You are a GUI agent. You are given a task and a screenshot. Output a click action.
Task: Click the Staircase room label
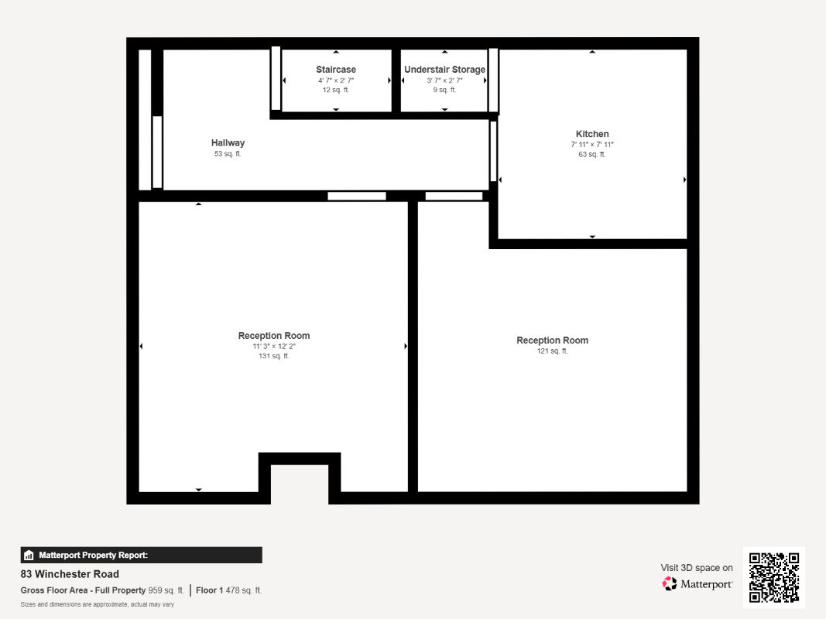(x=335, y=70)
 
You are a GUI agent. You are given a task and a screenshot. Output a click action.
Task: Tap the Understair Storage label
(x=444, y=70)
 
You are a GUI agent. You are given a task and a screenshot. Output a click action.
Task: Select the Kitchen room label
(x=592, y=134)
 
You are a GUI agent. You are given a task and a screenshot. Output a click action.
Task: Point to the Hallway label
(x=228, y=142)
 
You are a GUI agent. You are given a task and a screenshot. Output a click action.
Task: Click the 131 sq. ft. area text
(x=274, y=356)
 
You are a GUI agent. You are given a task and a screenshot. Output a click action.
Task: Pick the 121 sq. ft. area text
(x=552, y=351)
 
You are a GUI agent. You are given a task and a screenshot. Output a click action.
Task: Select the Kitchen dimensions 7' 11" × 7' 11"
(x=592, y=144)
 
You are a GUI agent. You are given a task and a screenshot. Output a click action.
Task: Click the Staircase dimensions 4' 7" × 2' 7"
(x=335, y=80)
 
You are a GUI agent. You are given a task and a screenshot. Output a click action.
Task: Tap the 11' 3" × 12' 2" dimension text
(x=274, y=347)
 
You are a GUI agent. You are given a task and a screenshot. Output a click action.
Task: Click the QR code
(x=774, y=577)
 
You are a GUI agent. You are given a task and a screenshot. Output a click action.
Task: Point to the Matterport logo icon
(x=670, y=583)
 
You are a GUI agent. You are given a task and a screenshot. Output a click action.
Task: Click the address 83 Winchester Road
(x=70, y=573)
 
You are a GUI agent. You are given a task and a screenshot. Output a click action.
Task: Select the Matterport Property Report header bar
(x=141, y=555)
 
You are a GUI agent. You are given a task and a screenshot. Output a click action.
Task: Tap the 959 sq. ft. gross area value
(x=166, y=590)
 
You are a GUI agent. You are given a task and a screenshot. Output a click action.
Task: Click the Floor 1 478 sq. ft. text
(x=228, y=590)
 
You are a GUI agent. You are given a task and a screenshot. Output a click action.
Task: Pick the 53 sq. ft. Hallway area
(x=228, y=154)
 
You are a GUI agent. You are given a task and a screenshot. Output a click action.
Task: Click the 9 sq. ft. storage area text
(x=444, y=90)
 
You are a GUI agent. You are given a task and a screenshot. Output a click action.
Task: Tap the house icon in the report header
(x=29, y=555)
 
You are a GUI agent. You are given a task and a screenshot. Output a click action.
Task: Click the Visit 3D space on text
(x=697, y=567)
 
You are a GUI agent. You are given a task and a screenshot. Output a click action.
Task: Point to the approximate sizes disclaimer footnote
(x=98, y=604)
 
